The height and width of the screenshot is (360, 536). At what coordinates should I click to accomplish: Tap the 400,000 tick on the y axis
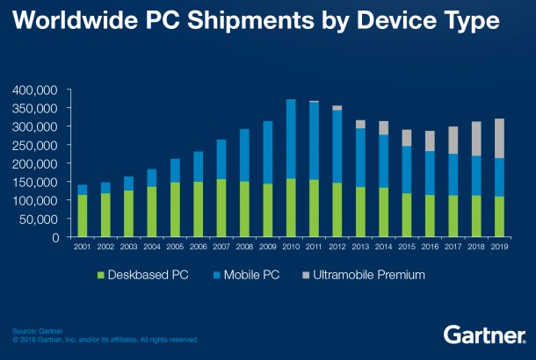[34, 90]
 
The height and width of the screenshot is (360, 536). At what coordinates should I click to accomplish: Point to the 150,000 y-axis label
[34, 182]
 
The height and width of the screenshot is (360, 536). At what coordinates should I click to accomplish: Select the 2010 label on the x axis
[291, 248]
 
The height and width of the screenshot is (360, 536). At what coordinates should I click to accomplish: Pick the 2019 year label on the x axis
[499, 248]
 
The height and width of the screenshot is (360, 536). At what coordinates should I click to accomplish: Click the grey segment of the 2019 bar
[499, 138]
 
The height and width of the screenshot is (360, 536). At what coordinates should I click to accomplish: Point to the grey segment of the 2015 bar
[407, 138]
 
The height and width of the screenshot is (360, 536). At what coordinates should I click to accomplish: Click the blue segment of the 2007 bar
[221, 159]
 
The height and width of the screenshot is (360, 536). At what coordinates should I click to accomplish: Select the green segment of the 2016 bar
[430, 215]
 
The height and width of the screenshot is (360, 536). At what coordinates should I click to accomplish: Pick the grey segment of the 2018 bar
[476, 139]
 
